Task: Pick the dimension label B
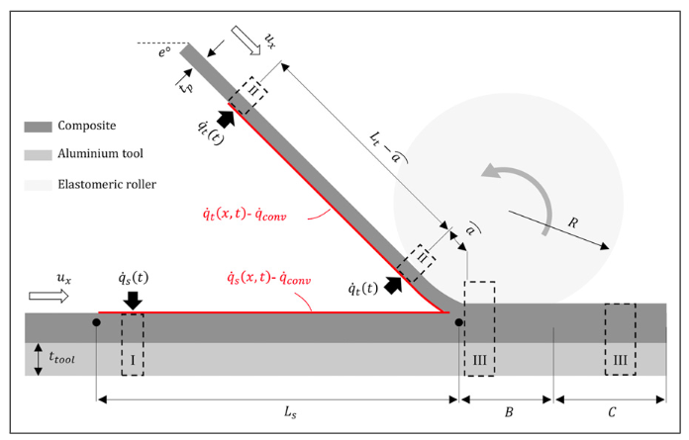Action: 508,414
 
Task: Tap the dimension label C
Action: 612,414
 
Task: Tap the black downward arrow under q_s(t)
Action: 133,299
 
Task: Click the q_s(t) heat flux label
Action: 133,276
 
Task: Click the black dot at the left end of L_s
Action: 96,322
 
